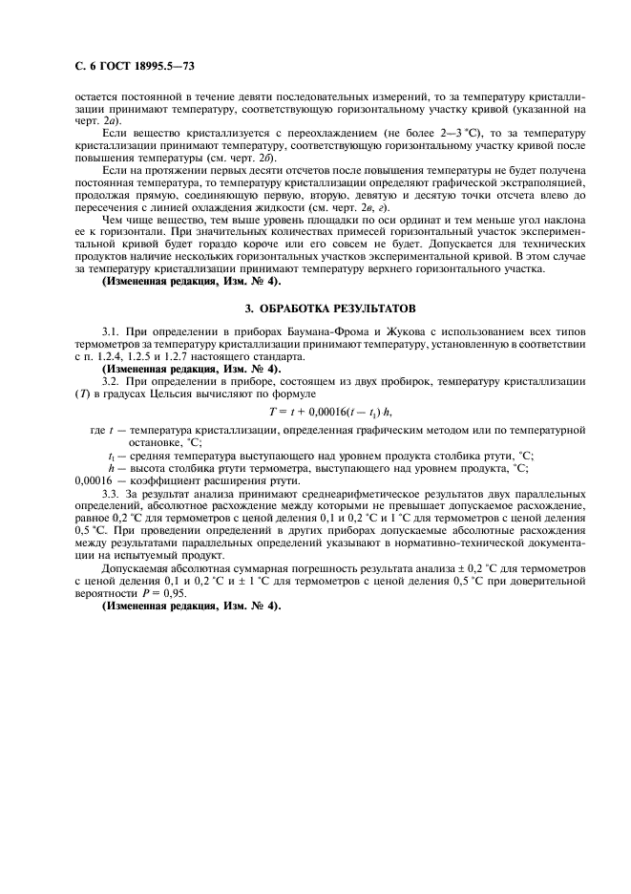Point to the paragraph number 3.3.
(112, 491)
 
